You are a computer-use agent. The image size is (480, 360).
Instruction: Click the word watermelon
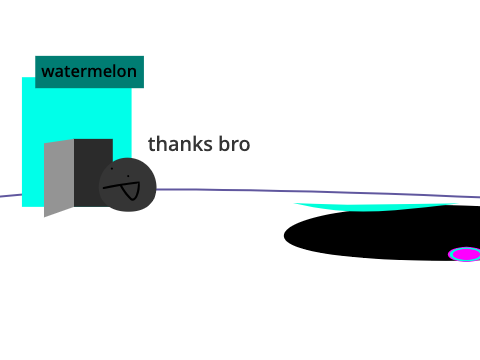(89, 72)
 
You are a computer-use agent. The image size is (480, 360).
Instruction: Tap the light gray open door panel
(59, 178)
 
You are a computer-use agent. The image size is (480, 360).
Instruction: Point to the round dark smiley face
(128, 185)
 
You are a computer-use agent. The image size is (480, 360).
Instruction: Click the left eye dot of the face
(112, 169)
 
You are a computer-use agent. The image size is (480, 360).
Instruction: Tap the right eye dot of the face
(128, 176)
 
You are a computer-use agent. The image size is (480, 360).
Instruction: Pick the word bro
(234, 144)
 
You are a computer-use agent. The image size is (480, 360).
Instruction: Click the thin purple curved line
(300, 191)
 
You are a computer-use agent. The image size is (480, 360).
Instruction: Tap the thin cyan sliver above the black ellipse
(373, 207)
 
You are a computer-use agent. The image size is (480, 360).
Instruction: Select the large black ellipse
(383, 233)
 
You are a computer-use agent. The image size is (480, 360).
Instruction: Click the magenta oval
(465, 254)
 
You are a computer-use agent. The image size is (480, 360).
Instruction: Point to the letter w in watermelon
(47, 73)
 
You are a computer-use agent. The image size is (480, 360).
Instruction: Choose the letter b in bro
(224, 144)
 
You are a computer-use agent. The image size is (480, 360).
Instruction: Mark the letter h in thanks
(162, 144)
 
